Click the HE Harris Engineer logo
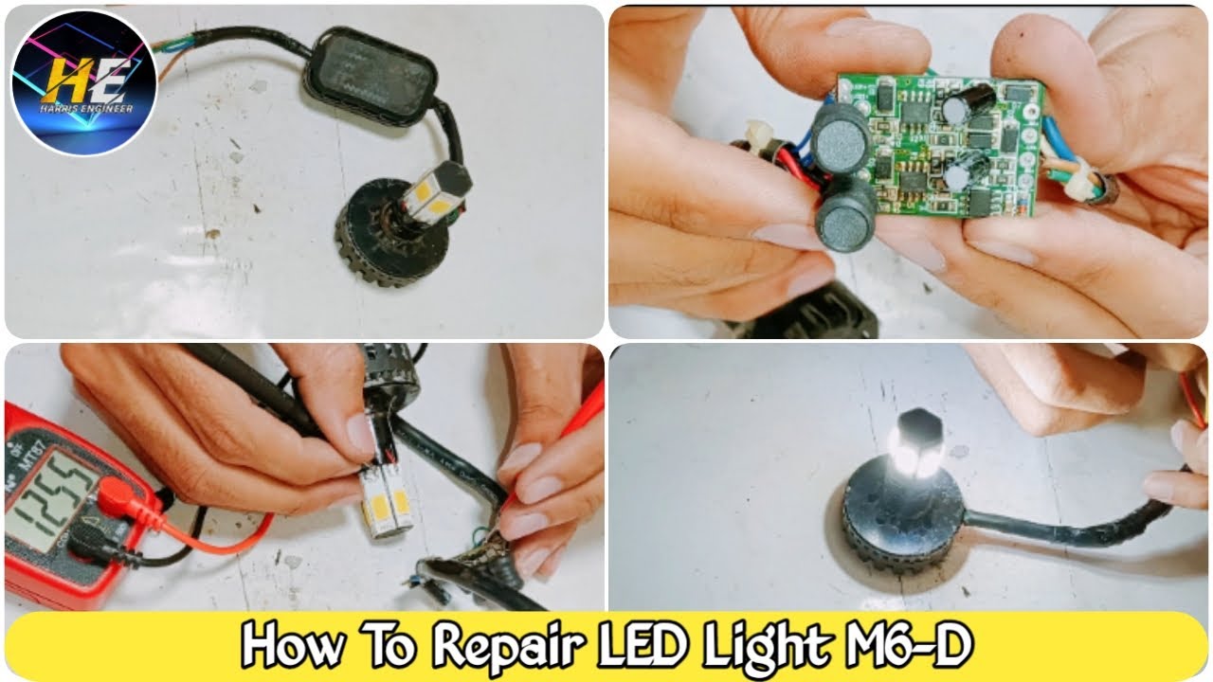(x=84, y=82)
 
